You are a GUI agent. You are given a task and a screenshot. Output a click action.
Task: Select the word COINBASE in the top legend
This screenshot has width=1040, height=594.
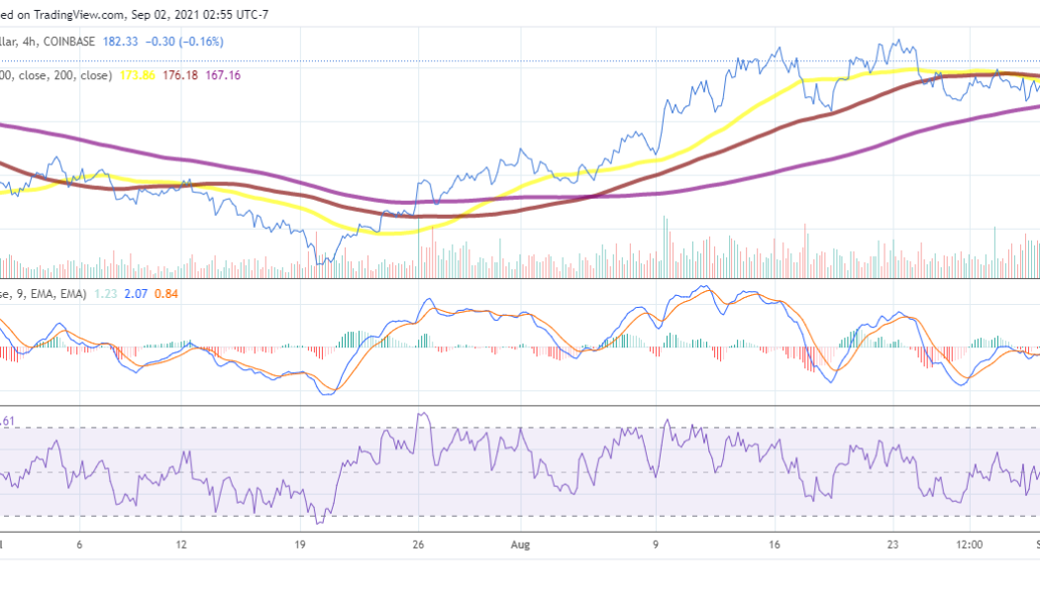[91, 42]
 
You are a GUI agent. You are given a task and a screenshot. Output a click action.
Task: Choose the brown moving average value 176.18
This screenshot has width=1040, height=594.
[186, 75]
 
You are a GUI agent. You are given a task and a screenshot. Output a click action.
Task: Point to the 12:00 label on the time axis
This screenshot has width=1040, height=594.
[970, 544]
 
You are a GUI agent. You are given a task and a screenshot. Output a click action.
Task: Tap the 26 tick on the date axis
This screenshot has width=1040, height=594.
[420, 544]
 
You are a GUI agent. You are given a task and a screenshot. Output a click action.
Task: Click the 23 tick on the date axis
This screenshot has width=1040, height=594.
[894, 544]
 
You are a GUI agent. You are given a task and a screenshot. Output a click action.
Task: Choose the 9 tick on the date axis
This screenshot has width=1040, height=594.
[656, 544]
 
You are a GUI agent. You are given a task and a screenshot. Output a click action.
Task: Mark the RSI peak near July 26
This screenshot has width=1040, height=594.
[422, 414]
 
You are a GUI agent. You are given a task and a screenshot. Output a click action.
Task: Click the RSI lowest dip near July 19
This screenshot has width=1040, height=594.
[318, 523]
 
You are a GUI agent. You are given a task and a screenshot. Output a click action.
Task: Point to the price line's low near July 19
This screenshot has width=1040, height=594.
[319, 264]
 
